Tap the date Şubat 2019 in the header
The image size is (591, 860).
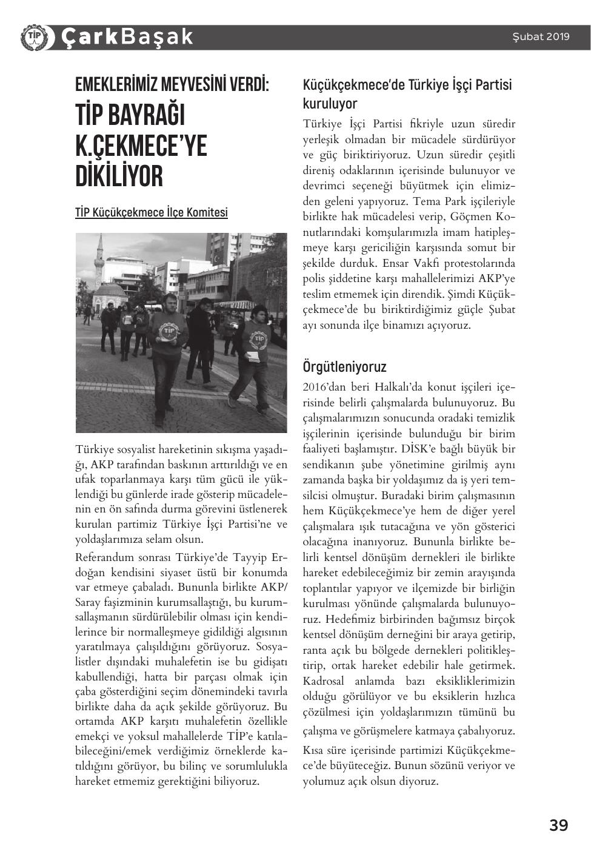point(541,36)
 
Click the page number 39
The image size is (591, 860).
point(558,825)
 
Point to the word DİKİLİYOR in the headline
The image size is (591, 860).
point(119,176)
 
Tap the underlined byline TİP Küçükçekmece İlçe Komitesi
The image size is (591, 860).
point(152,212)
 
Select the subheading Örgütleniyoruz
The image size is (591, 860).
point(344,366)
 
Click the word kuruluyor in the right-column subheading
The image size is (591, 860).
point(330,103)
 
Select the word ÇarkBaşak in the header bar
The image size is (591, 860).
point(127,37)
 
